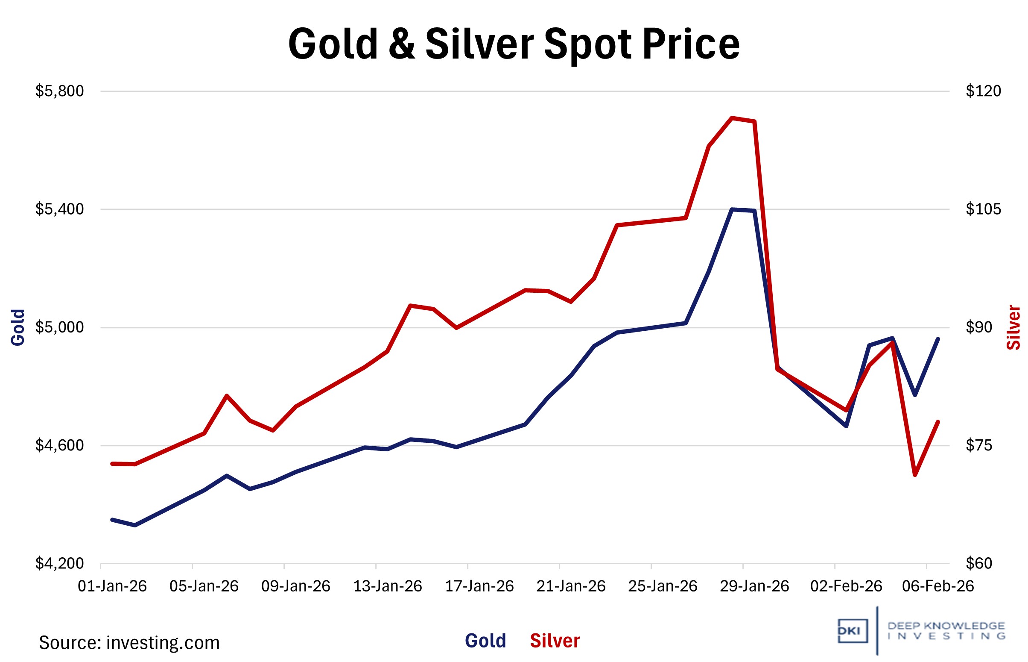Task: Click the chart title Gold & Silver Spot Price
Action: (x=514, y=44)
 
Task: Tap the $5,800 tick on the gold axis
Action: (x=60, y=91)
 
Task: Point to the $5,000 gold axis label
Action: (x=60, y=327)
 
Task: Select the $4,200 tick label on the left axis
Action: (x=60, y=564)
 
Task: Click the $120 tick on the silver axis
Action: (x=983, y=91)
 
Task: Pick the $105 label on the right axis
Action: (x=983, y=209)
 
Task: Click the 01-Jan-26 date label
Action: (x=112, y=586)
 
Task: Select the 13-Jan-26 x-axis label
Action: (x=387, y=586)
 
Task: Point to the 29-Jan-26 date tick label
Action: (x=754, y=586)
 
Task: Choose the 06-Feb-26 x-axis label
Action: (x=938, y=586)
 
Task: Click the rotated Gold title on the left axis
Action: (x=18, y=327)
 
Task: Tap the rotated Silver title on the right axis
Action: (x=1013, y=327)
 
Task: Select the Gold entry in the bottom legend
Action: (x=485, y=641)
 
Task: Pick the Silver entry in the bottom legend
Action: (x=555, y=641)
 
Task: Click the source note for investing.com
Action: (x=129, y=643)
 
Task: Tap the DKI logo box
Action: (x=853, y=631)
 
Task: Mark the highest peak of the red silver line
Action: (x=732, y=118)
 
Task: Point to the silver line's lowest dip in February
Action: (x=915, y=475)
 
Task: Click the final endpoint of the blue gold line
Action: (x=938, y=339)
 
